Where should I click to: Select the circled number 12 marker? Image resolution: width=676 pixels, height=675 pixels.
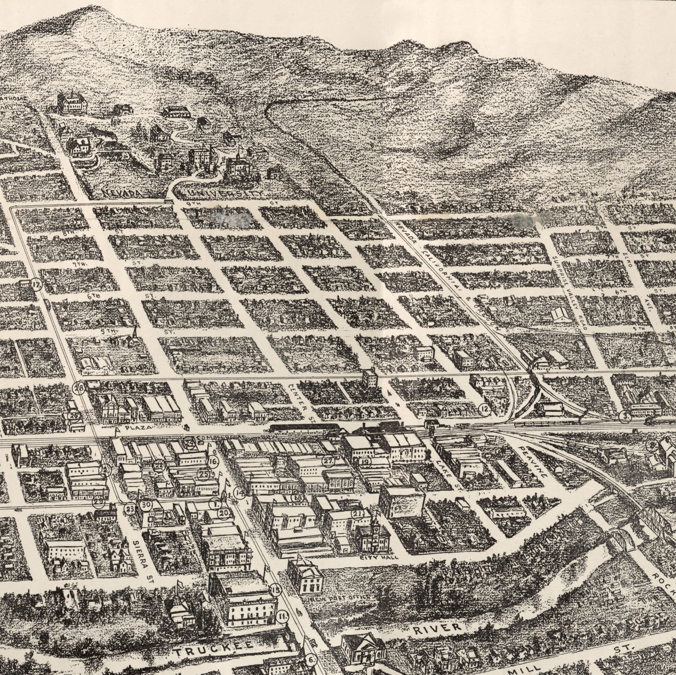click(x=485, y=409)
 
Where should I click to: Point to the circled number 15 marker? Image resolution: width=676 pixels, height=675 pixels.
click(x=276, y=590)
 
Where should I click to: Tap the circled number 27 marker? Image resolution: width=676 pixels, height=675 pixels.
click(x=328, y=462)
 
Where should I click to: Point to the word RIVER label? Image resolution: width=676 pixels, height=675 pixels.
click(x=437, y=618)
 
